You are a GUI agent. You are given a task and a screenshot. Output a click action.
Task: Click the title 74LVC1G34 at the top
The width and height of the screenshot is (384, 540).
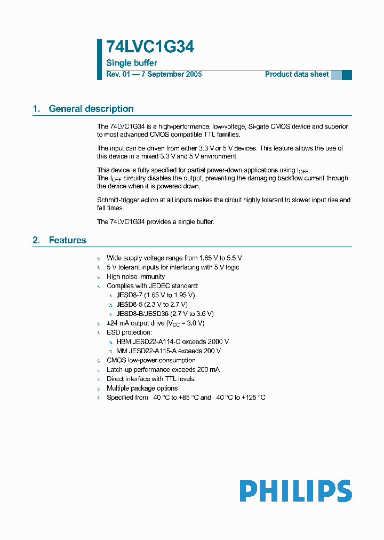pyautogui.click(x=150, y=47)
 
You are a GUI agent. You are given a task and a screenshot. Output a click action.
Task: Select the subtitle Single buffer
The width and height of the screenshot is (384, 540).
pyautogui.click(x=132, y=63)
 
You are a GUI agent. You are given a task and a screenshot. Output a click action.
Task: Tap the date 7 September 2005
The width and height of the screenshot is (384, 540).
pyautogui.click(x=171, y=75)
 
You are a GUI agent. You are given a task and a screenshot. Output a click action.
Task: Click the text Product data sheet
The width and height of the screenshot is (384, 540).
pyautogui.click(x=297, y=75)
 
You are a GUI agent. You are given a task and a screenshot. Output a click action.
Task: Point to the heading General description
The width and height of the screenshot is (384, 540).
pyautogui.click(x=91, y=109)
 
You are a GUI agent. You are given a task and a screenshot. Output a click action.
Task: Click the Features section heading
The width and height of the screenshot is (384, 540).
pyautogui.click(x=67, y=241)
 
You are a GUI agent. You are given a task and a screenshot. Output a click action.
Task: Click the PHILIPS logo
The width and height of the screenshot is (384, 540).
pyautogui.click(x=295, y=491)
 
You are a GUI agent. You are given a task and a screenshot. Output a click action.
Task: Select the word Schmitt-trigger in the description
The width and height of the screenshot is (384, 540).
pyautogui.click(x=117, y=200)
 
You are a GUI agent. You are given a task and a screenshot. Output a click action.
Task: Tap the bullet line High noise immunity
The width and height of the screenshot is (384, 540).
pyautogui.click(x=135, y=277)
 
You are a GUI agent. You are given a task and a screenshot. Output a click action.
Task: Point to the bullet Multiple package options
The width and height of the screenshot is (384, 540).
pyautogui.click(x=142, y=388)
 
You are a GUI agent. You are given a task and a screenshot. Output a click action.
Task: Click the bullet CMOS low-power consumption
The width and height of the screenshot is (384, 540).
pyautogui.click(x=151, y=361)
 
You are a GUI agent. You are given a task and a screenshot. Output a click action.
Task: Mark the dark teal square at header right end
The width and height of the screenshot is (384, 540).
pyautogui.click(x=347, y=75)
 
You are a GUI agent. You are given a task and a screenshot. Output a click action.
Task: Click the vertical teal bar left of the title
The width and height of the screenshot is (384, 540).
pyautogui.click(x=99, y=59)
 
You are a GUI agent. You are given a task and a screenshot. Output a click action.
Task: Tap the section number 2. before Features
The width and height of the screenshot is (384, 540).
pyautogui.click(x=36, y=241)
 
